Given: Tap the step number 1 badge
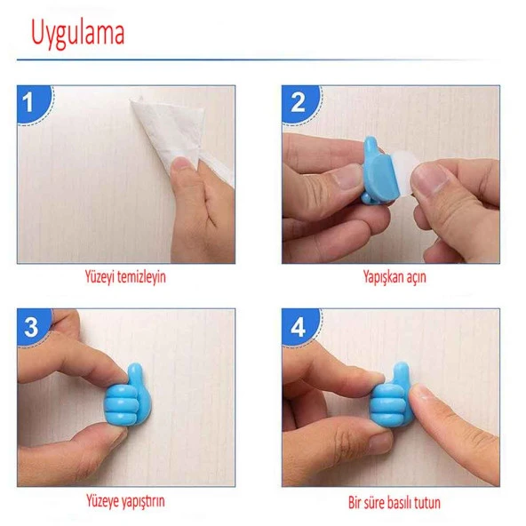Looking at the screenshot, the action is tap(35, 104).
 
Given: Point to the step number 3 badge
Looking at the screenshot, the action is tap(34, 327).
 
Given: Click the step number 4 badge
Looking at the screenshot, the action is tap(300, 327).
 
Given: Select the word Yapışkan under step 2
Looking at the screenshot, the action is tap(384, 278).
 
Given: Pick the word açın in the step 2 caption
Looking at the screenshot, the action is tap(417, 278).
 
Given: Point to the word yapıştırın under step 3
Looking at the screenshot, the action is tap(142, 501).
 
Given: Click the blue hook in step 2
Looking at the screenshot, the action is tap(379, 171).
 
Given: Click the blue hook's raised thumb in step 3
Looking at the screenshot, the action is tap(136, 376).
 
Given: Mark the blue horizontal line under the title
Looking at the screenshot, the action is tap(259, 60).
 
